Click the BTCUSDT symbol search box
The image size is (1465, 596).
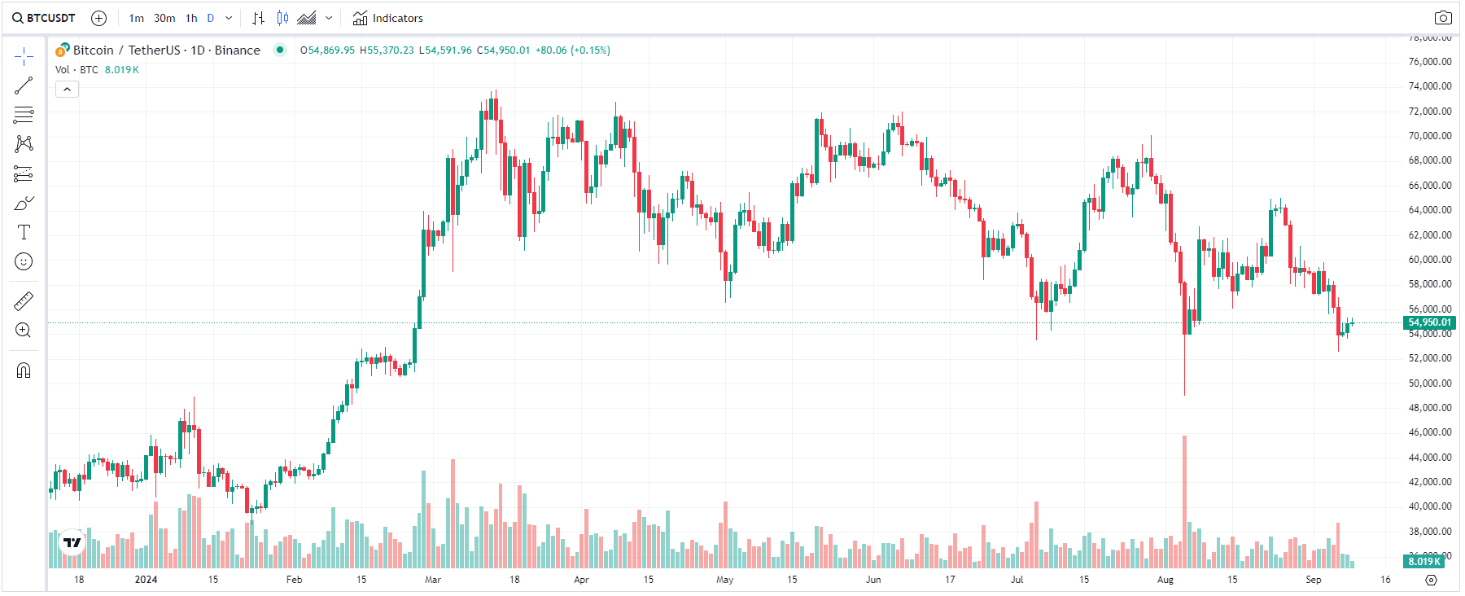(x=44, y=18)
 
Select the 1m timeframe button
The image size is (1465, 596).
(x=136, y=18)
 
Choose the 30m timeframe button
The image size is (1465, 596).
(x=164, y=18)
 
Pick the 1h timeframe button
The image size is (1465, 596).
(x=191, y=18)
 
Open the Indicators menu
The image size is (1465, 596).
(x=388, y=18)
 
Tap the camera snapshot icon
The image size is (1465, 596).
(x=1442, y=18)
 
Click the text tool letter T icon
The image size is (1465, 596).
(x=24, y=232)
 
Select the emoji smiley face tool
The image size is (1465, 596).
(x=24, y=261)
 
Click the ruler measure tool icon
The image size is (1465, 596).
(x=24, y=301)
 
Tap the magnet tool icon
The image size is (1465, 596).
(x=24, y=370)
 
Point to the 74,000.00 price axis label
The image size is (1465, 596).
(x=1430, y=86)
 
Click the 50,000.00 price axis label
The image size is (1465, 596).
(x=1430, y=383)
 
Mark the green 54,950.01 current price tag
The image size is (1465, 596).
(x=1430, y=322)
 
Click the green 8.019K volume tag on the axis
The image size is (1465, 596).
(x=1423, y=562)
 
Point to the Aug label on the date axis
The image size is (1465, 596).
(x=1165, y=580)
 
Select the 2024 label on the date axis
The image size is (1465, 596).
(x=146, y=580)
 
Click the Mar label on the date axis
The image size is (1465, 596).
(x=433, y=580)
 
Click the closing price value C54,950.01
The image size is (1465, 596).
(x=503, y=50)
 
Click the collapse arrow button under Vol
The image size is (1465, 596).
(x=67, y=90)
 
